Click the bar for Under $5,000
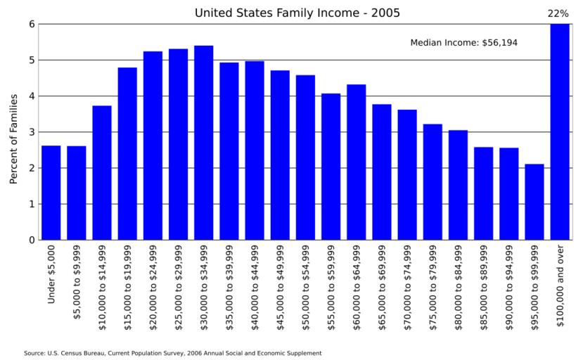51,193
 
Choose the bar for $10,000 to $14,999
102,173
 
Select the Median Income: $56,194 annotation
463,43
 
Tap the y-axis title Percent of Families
13,139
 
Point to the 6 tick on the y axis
32,24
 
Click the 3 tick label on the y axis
32,132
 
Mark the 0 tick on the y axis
32,240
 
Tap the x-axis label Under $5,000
51,275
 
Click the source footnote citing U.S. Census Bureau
172,353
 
